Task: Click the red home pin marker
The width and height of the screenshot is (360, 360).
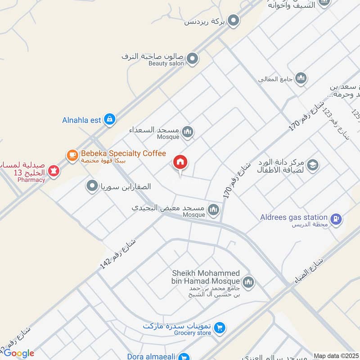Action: coord(180,162)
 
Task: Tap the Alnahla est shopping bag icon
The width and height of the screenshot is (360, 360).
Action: coord(109,120)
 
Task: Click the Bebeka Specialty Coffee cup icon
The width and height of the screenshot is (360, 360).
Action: coord(72,155)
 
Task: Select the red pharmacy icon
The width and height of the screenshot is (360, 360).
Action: coord(54,171)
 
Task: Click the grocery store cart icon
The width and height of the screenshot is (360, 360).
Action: coord(220,328)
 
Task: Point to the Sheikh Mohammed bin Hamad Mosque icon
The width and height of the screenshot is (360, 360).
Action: coord(249,282)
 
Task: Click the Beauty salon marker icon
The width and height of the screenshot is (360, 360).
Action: coord(192,58)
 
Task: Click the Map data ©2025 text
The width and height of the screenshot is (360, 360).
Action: coord(336,356)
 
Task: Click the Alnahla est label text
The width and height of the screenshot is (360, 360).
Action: coord(82,120)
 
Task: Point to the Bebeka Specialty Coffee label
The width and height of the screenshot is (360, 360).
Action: coord(123,154)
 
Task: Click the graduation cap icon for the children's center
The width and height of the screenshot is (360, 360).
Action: coord(313,166)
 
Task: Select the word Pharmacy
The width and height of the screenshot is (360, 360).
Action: coord(32,180)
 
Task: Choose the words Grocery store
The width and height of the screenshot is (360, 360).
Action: coord(193,333)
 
